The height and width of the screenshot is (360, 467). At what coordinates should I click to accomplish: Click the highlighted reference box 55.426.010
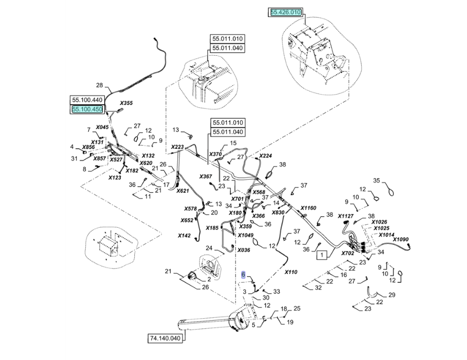pyautogui.click(x=286, y=12)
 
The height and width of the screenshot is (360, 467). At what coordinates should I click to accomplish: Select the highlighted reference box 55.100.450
pyautogui.click(x=87, y=109)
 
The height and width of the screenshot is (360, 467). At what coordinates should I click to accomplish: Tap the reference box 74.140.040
pyautogui.click(x=165, y=338)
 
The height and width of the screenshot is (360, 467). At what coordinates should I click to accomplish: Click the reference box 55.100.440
pyautogui.click(x=87, y=100)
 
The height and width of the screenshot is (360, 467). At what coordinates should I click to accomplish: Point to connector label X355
pyautogui.click(x=126, y=103)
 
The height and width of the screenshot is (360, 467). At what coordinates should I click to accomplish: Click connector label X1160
pyautogui.click(x=308, y=208)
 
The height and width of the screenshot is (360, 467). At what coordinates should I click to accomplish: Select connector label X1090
pyautogui.click(x=400, y=240)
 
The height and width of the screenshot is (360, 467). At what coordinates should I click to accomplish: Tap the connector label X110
pyautogui.click(x=291, y=272)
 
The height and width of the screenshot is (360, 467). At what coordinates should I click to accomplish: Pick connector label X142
pyautogui.click(x=184, y=236)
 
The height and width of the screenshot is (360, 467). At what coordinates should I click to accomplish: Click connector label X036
pyautogui.click(x=244, y=250)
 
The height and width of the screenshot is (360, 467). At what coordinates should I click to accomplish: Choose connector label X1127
pyautogui.click(x=346, y=216)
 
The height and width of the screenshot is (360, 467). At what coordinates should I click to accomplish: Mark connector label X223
pyautogui.click(x=177, y=147)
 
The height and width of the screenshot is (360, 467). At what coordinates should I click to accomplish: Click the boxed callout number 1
pyautogui.click(x=322, y=255)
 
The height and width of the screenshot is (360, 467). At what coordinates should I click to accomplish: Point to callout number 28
pyautogui.click(x=99, y=85)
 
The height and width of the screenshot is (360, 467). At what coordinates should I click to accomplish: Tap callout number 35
pyautogui.click(x=377, y=181)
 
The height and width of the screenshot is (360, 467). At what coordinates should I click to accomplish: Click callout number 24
pyautogui.click(x=209, y=248)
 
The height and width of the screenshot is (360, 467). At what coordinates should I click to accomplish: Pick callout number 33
pyautogui.click(x=277, y=291)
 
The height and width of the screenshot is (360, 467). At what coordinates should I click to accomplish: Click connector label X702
pyautogui.click(x=348, y=254)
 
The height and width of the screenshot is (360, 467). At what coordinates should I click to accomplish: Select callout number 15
pyautogui.click(x=233, y=143)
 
